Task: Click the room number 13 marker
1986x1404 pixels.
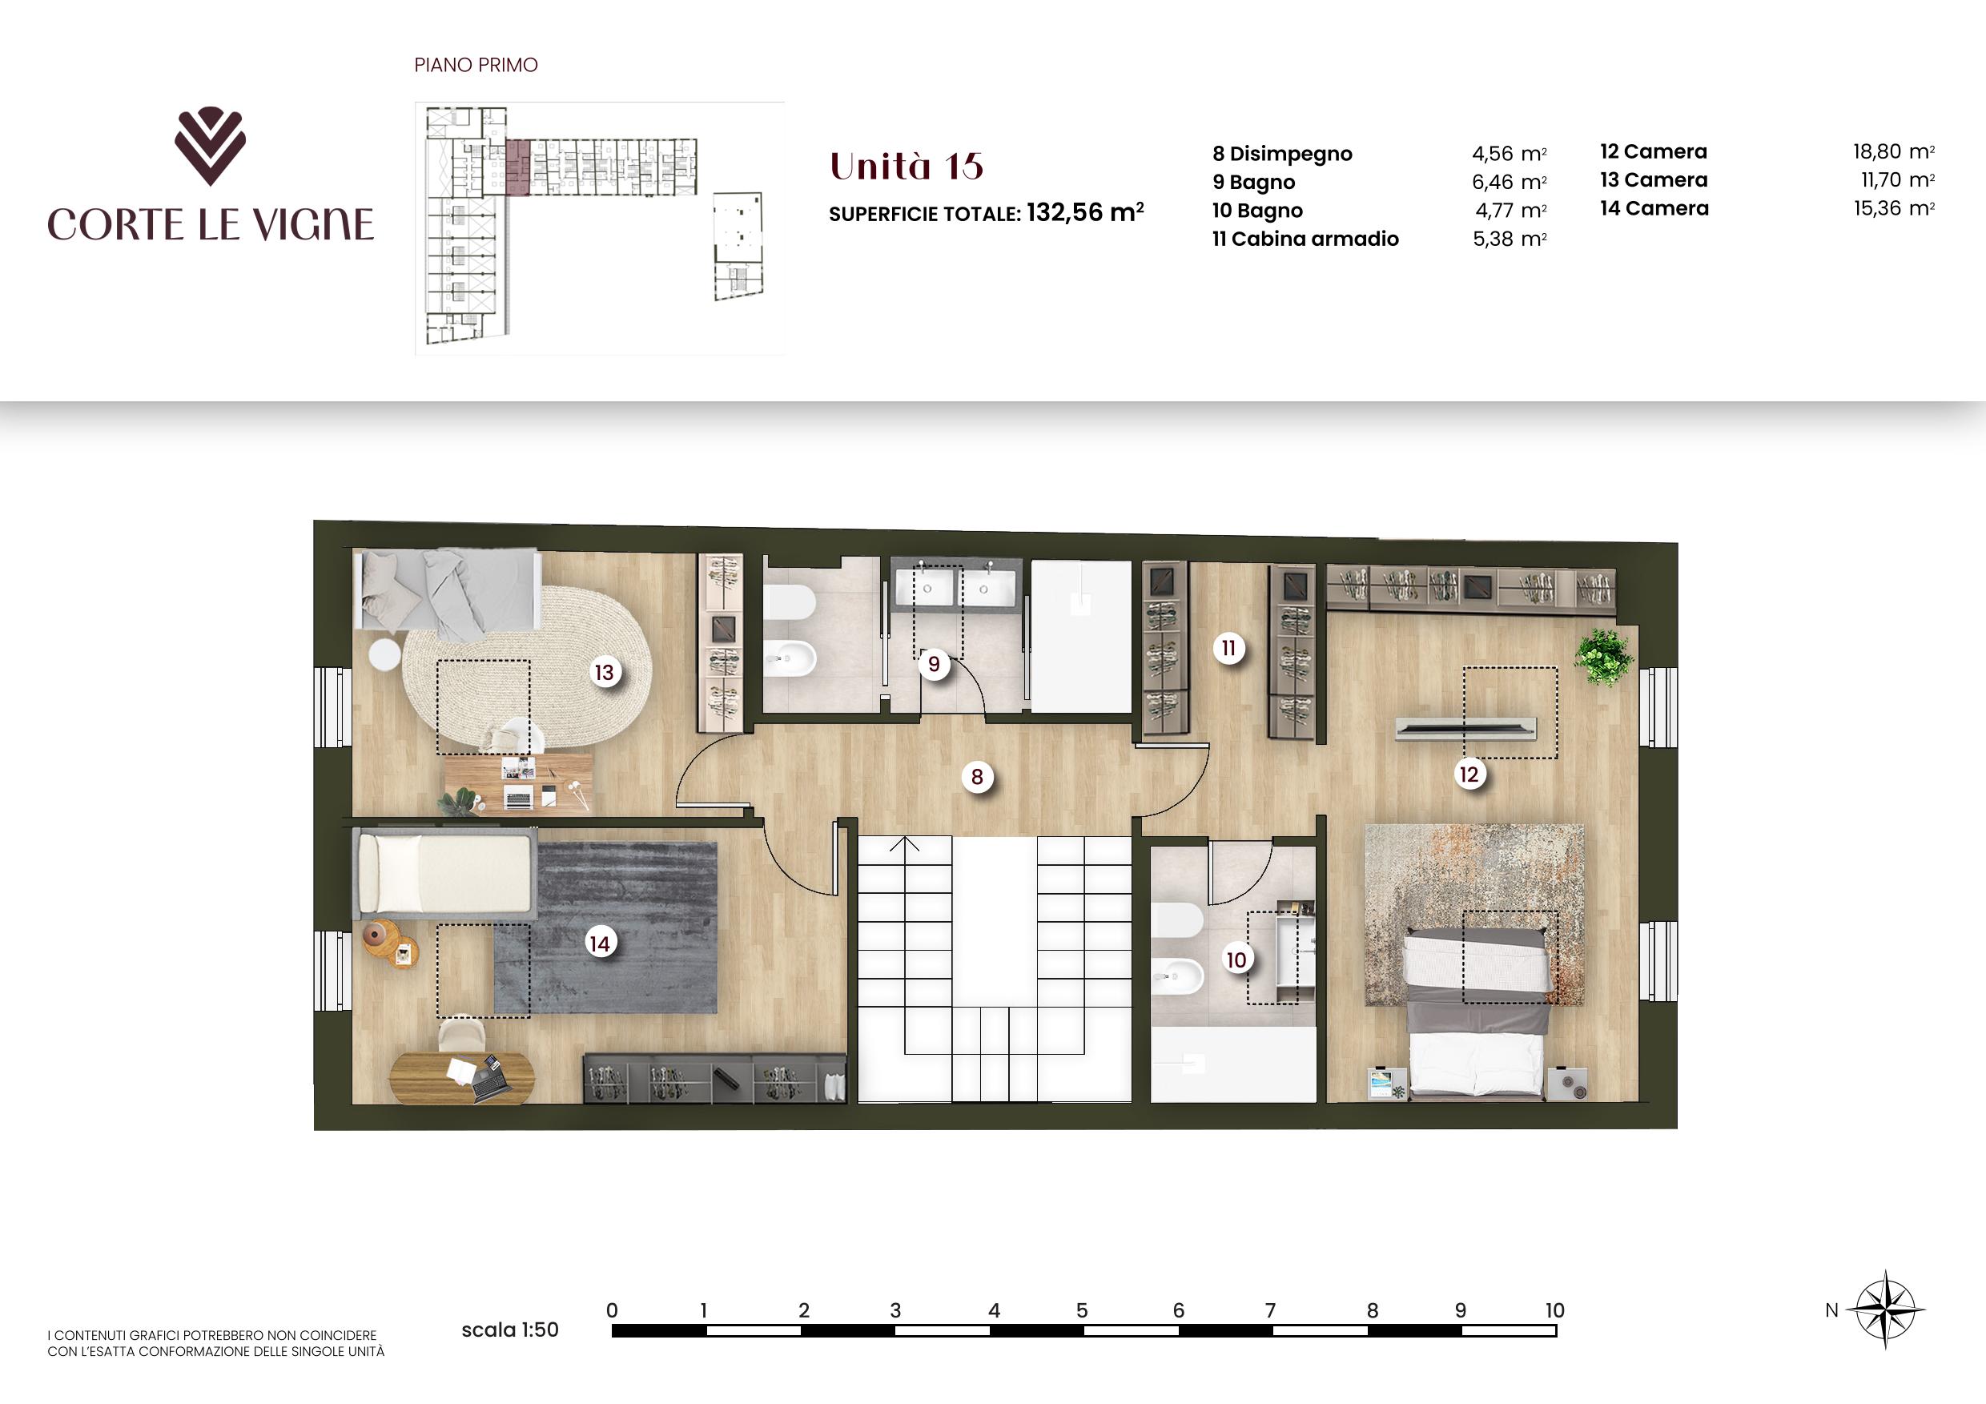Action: coord(604,672)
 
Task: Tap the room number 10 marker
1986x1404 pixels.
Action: coord(1236,960)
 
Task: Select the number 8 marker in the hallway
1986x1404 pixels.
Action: coord(976,777)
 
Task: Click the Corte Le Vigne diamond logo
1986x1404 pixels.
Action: coord(210,145)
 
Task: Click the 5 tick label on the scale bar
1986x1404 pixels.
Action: coord(1081,1310)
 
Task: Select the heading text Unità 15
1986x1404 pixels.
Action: coord(907,166)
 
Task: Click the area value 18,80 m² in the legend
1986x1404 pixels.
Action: coord(1892,151)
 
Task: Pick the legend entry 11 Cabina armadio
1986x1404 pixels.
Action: coord(1305,239)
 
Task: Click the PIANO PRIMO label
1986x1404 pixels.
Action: coord(476,65)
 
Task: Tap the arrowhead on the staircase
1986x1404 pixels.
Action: coord(906,843)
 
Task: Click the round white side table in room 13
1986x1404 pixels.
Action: coord(385,654)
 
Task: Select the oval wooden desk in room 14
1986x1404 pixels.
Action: coord(462,1077)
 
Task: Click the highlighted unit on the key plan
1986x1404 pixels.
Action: coord(517,168)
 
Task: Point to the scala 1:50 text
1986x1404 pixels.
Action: coord(509,1330)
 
